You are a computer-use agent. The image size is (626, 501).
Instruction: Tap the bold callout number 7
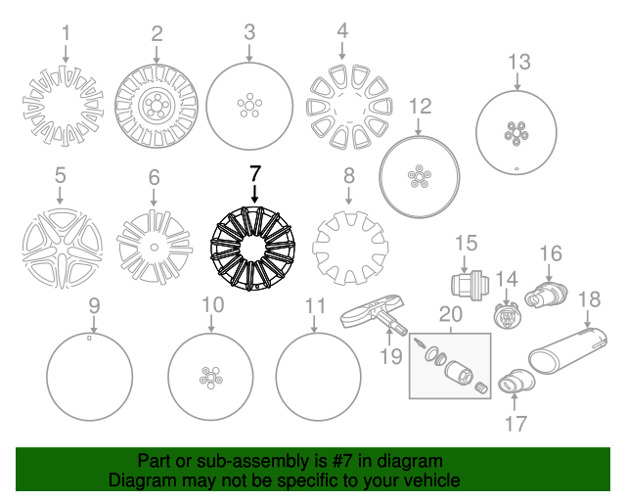click(x=254, y=174)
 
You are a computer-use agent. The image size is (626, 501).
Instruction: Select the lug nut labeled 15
click(x=469, y=285)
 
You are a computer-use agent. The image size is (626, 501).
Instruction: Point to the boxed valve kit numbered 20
click(x=450, y=366)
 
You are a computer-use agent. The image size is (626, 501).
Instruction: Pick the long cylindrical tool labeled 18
click(x=567, y=350)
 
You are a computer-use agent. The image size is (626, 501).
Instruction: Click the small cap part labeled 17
click(x=516, y=381)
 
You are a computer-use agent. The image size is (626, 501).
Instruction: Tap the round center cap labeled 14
click(x=507, y=315)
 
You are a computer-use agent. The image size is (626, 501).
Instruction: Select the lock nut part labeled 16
click(x=546, y=295)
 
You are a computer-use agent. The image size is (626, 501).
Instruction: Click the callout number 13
click(x=519, y=63)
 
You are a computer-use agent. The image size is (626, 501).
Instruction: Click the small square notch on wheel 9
click(x=89, y=338)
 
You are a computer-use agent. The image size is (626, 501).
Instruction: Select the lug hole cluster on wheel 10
click(x=211, y=378)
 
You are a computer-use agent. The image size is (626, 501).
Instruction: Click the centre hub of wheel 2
click(x=156, y=106)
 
